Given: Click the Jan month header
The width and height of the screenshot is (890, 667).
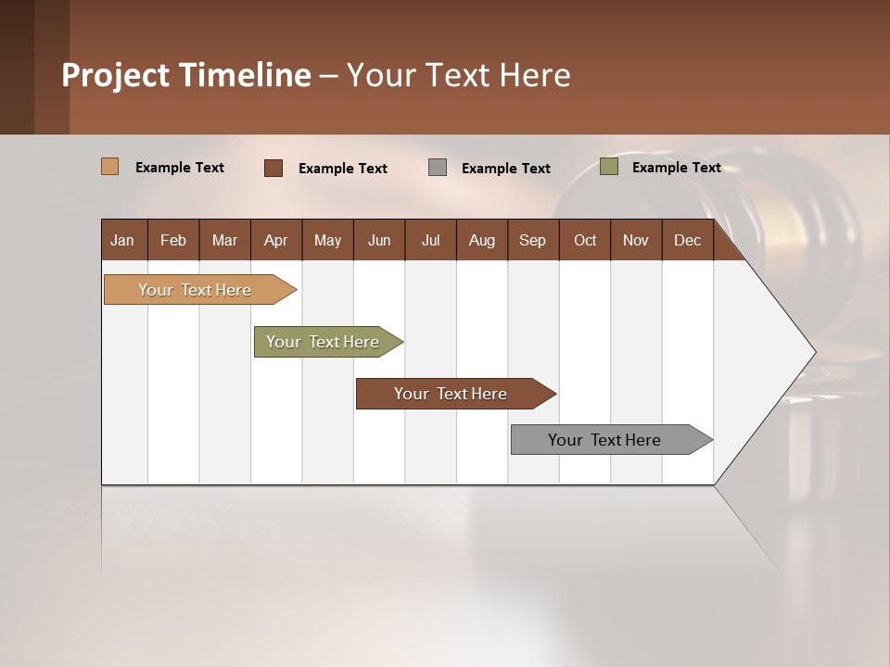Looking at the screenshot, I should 123,240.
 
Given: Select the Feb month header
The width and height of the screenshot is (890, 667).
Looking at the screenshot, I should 173,240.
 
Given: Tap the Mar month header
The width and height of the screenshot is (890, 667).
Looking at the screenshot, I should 224,240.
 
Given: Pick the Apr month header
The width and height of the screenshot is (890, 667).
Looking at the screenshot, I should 276,240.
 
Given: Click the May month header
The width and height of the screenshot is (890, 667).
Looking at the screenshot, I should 327,240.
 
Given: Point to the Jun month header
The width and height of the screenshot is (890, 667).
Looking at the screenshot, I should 379,240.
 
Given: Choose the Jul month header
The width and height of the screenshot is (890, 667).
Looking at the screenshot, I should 430,240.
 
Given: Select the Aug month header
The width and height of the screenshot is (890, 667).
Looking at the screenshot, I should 482,240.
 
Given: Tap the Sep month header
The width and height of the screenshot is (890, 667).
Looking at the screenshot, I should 533,240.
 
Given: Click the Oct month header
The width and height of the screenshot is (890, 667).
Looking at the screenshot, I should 585,240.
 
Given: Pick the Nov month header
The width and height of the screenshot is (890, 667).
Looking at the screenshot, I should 636,240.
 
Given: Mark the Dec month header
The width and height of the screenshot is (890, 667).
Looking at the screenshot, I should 688,240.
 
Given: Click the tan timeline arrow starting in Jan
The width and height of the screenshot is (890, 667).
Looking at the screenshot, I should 196,290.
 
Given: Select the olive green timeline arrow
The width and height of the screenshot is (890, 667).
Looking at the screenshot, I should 324,342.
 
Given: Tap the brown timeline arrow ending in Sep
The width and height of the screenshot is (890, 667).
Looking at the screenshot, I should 451,394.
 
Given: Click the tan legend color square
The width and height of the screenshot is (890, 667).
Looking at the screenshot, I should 110,167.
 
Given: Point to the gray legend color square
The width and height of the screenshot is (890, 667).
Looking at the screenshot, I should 438,167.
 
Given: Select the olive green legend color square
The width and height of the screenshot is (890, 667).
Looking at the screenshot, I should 609,167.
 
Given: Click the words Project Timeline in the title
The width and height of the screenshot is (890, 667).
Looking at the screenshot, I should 186,75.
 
